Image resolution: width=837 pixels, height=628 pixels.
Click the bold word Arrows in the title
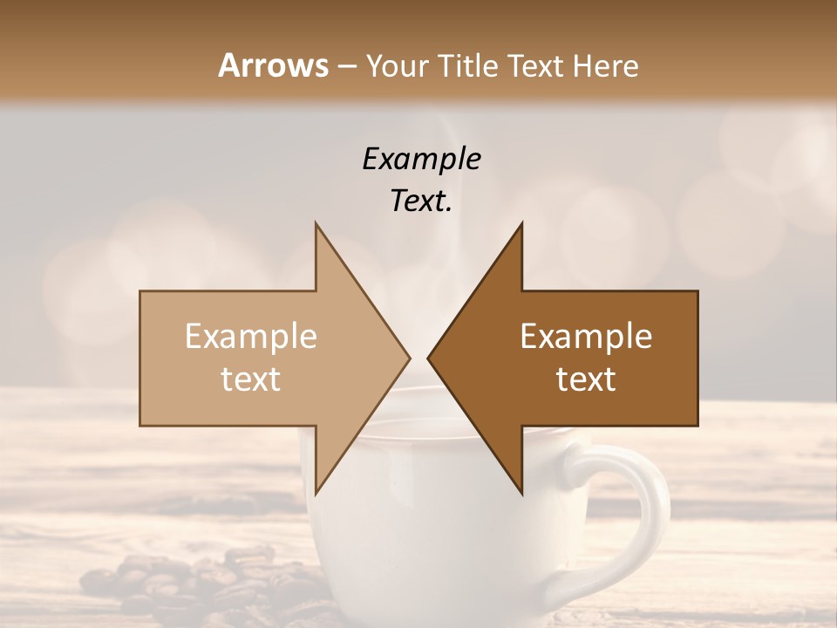click(273, 65)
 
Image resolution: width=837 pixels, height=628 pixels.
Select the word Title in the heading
click(469, 66)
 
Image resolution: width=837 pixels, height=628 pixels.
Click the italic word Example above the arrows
click(421, 160)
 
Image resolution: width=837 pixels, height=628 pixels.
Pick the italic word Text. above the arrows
click(421, 201)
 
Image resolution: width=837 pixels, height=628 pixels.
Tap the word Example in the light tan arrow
click(251, 337)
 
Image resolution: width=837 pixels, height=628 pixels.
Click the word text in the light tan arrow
click(251, 379)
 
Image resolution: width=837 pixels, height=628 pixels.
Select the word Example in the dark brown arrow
click(586, 337)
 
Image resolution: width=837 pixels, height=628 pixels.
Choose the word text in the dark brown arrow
click(586, 379)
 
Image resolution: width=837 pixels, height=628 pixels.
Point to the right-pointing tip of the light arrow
click(408, 358)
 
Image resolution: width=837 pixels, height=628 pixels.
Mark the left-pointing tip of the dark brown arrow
click(429, 358)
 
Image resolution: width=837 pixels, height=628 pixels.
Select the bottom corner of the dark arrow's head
click(521, 493)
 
